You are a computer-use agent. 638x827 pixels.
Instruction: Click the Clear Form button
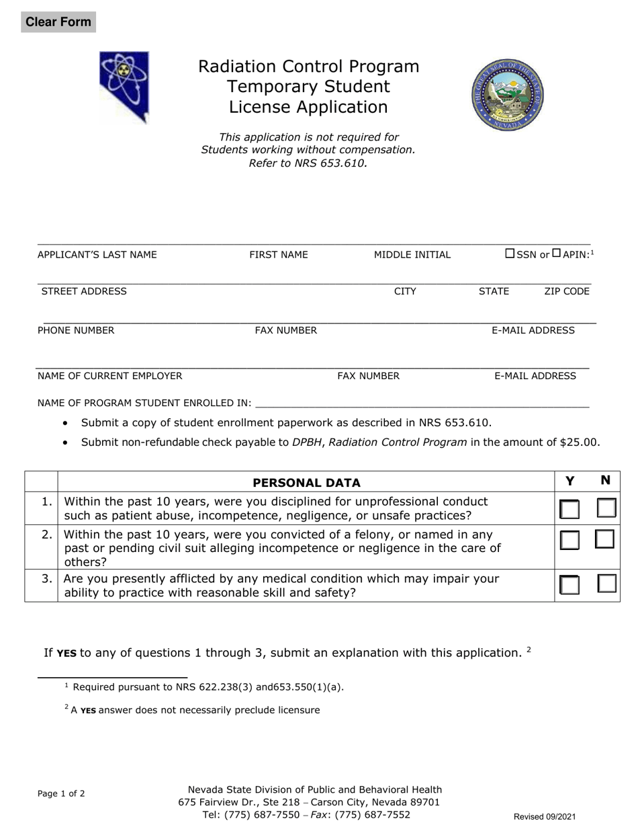[x=58, y=22]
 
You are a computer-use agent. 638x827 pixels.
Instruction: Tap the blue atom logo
[x=124, y=87]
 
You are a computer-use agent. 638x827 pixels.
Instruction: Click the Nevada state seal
[x=508, y=93]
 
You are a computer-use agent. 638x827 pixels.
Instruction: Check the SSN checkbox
[x=510, y=253]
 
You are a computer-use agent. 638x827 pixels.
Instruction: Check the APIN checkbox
[x=556, y=253]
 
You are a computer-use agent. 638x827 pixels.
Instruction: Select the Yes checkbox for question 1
[x=569, y=509]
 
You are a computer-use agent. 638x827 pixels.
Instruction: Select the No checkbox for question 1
[x=606, y=508]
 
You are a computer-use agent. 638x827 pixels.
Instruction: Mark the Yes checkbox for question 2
[x=569, y=540]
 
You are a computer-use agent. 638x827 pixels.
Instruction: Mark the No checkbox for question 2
[x=606, y=539]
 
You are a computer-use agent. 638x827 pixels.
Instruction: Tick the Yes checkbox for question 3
[x=569, y=585]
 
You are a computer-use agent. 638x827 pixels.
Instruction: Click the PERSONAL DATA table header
[x=306, y=482]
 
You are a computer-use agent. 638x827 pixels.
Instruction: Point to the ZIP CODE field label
[x=566, y=291]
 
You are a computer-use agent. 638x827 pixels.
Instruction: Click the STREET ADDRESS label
[x=84, y=291]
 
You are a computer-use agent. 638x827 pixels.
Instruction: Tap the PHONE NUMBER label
[x=76, y=330]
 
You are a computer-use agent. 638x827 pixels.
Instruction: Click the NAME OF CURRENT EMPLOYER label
[x=109, y=376]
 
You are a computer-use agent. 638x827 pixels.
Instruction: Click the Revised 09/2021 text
[x=545, y=816]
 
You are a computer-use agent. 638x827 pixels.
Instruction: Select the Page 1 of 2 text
[x=61, y=793]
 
